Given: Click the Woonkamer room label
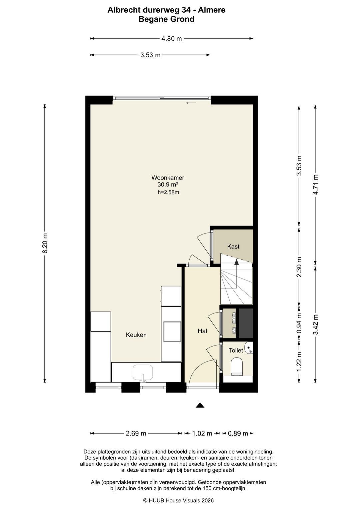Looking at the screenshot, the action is tap(168, 177).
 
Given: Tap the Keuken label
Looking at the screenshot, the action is tap(136, 335).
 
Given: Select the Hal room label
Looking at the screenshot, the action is tap(202, 331).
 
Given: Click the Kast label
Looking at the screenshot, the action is tap(233, 246).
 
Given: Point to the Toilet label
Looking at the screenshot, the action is tap(236, 350).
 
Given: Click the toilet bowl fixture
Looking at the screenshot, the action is tap(236, 367).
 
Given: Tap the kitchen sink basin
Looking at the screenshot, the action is tap(143, 373).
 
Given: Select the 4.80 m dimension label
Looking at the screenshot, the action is tap(171, 39).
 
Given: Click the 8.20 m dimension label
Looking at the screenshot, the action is tap(45, 243).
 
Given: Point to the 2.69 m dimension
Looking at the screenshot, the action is tap(136, 434).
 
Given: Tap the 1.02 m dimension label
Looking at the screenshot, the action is tap(202, 434).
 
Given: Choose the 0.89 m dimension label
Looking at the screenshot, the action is tap(238, 434).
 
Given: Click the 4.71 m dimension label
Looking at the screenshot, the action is tap(315, 184).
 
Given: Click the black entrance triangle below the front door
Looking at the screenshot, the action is tap(200, 405).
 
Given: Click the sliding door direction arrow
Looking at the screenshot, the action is tap(191, 103).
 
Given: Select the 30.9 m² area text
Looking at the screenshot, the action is tap(168, 184).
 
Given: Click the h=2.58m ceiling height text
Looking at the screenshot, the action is tap(168, 192).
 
